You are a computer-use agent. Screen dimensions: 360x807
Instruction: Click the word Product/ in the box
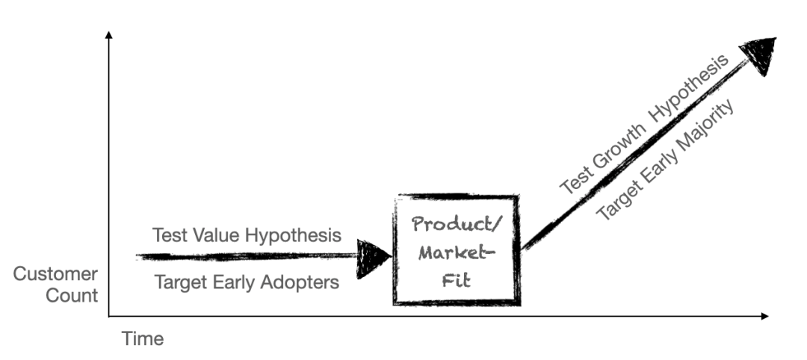[456, 224]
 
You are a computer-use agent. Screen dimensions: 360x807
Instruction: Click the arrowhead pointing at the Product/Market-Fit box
[373, 258]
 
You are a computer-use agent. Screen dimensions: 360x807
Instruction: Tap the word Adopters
[305, 282]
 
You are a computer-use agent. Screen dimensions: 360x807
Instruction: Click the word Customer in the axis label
[55, 274]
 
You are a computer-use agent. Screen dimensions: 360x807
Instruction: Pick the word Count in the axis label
[72, 296]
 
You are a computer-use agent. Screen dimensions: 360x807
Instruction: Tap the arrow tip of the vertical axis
[109, 34]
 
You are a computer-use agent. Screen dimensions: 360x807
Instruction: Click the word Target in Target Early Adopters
[179, 282]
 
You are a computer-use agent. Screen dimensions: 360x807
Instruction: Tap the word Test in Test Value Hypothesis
[166, 235]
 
